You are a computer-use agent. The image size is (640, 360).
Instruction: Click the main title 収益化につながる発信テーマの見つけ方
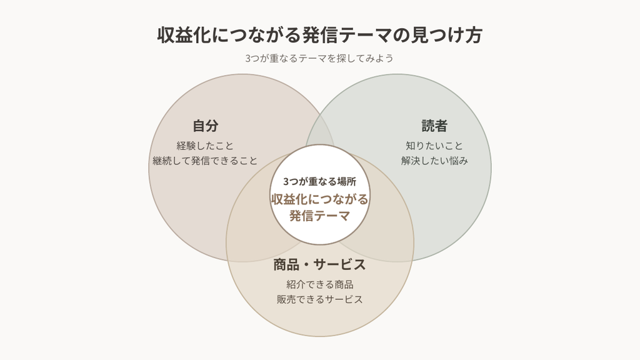tap(320, 35)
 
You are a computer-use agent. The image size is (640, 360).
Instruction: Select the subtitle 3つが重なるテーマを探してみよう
tap(319, 58)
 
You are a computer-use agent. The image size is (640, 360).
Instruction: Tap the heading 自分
tap(205, 126)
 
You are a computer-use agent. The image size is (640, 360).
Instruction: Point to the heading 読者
tap(434, 126)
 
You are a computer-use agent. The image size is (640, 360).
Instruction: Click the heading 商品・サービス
tap(319, 264)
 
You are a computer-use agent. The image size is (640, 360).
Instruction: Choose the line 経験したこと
tap(205, 146)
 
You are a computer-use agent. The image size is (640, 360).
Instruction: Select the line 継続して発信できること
tap(205, 161)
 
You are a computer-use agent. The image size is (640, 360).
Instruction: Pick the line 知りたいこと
tap(434, 146)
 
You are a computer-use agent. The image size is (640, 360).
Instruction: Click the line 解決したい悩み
tap(434, 161)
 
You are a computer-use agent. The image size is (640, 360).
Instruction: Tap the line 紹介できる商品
tap(319, 284)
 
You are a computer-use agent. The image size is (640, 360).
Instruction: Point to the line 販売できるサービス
tap(319, 299)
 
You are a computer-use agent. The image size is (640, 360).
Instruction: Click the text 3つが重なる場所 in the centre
tap(319, 182)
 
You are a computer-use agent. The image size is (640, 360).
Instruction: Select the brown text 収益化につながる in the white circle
tap(319, 199)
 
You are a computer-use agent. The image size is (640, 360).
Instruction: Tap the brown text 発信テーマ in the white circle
tap(319, 216)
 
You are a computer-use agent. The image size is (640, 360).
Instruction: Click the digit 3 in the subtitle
tap(247, 58)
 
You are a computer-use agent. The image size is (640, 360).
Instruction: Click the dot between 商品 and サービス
tap(306, 265)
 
